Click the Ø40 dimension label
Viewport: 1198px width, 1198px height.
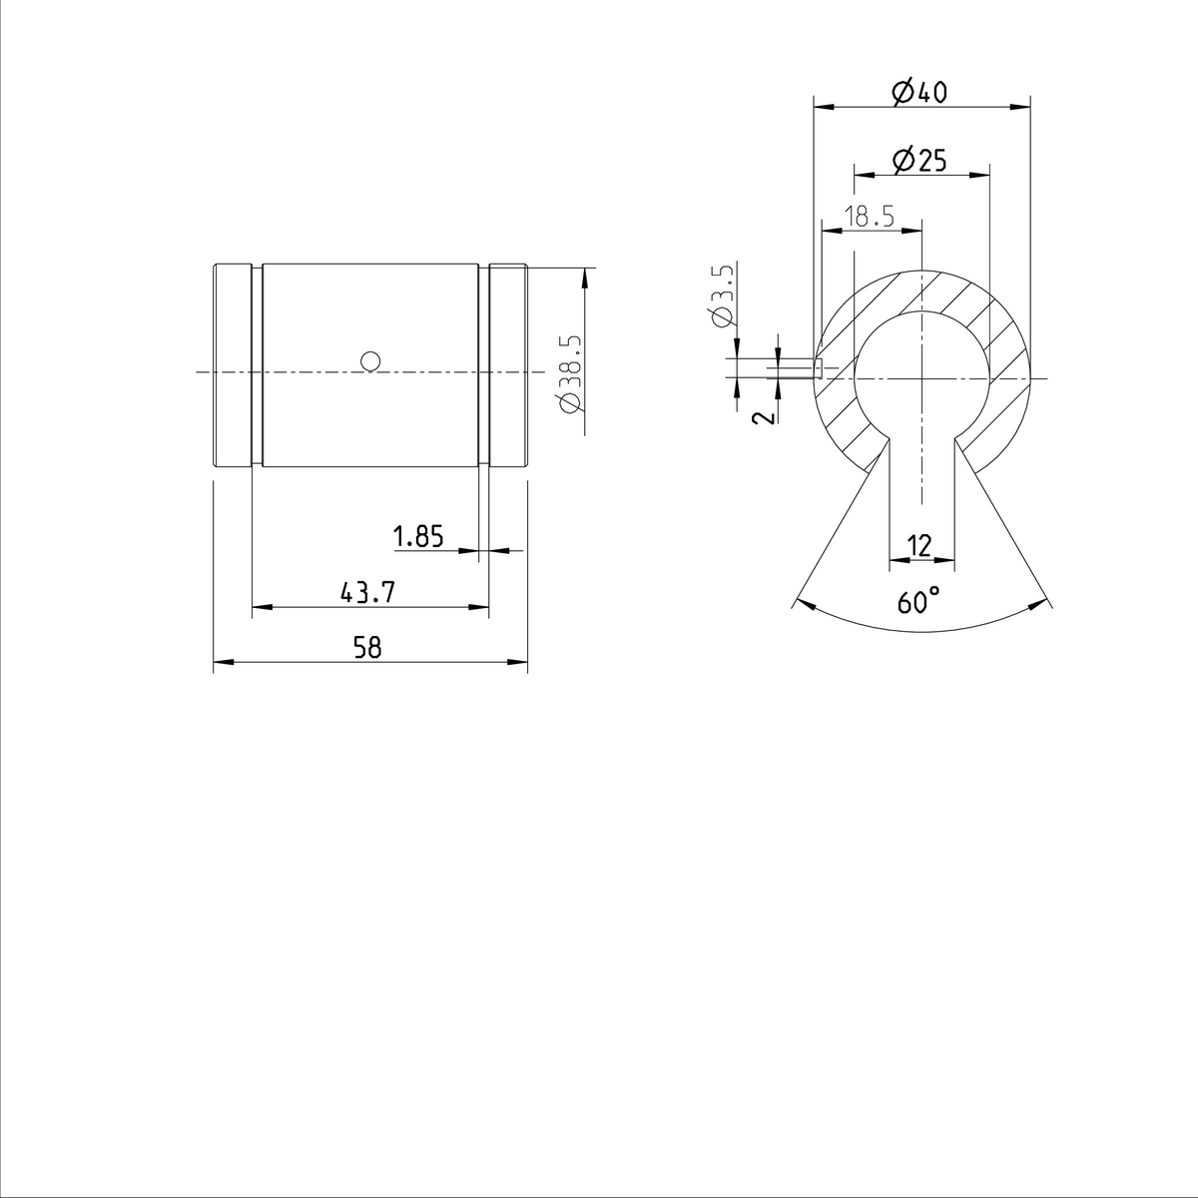tap(918, 93)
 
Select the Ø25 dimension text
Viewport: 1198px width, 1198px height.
tap(919, 161)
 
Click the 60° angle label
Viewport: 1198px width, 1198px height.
tap(918, 602)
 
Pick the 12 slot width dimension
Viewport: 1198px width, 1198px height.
tap(919, 545)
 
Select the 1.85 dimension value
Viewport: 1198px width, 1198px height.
tap(418, 537)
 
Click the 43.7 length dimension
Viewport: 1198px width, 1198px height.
tap(368, 593)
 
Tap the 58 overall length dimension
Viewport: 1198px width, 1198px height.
tap(367, 648)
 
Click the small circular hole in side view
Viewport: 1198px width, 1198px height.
tap(370, 359)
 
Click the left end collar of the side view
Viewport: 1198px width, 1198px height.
tap(232, 365)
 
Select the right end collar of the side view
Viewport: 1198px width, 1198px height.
tap(508, 365)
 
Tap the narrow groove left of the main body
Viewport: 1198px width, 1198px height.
tap(258, 365)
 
